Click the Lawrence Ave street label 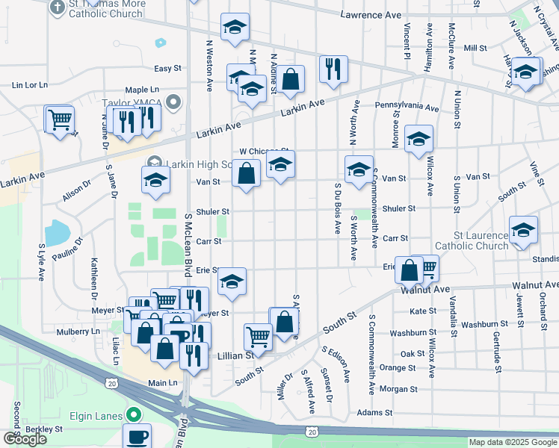click(371, 15)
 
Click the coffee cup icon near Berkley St click(137, 435)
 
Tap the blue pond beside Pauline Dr click(58, 233)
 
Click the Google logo click(25, 439)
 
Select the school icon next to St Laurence click(523, 230)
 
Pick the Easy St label click(167, 68)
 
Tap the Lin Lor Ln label click(30, 85)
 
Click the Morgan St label click(398, 389)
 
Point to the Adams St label click(374, 412)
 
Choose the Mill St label click(475, 48)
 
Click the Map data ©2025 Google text click(511, 442)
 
